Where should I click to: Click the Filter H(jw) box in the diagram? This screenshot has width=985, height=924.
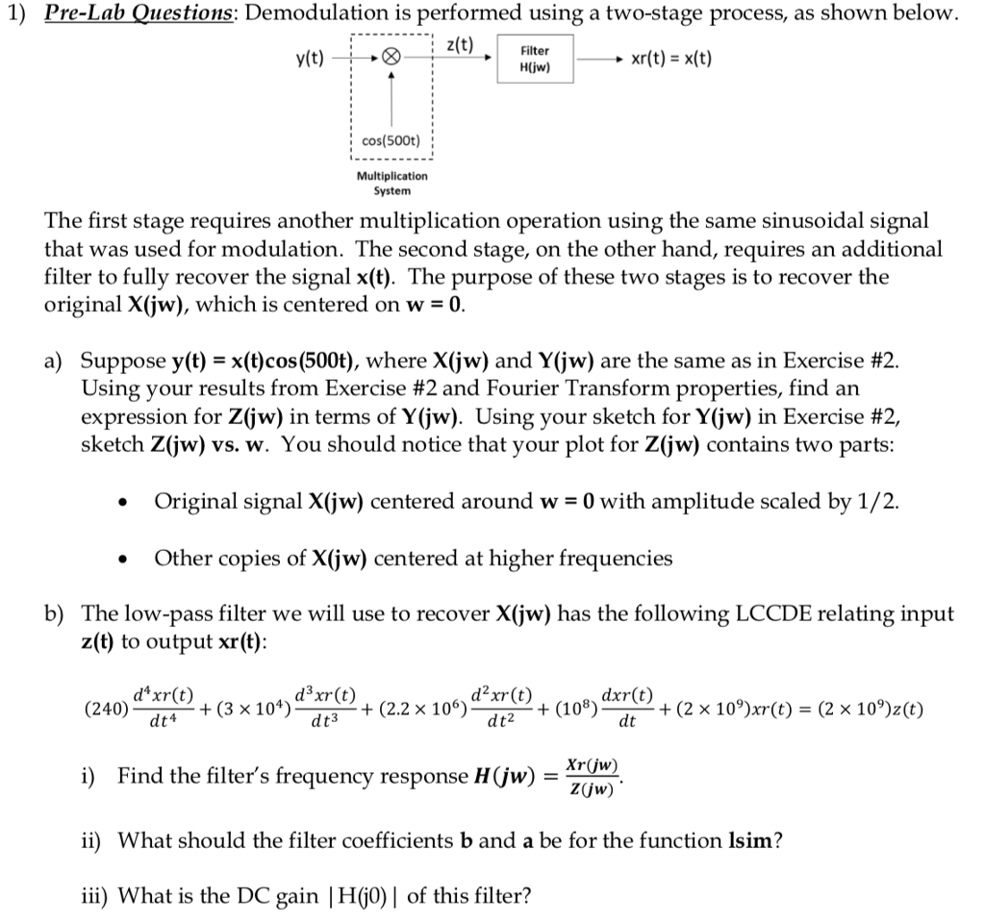[535, 60]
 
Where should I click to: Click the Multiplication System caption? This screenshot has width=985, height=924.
[391, 184]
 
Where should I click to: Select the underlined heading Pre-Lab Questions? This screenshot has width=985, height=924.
[140, 15]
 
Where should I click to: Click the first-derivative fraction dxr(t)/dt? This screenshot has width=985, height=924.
[627, 710]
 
